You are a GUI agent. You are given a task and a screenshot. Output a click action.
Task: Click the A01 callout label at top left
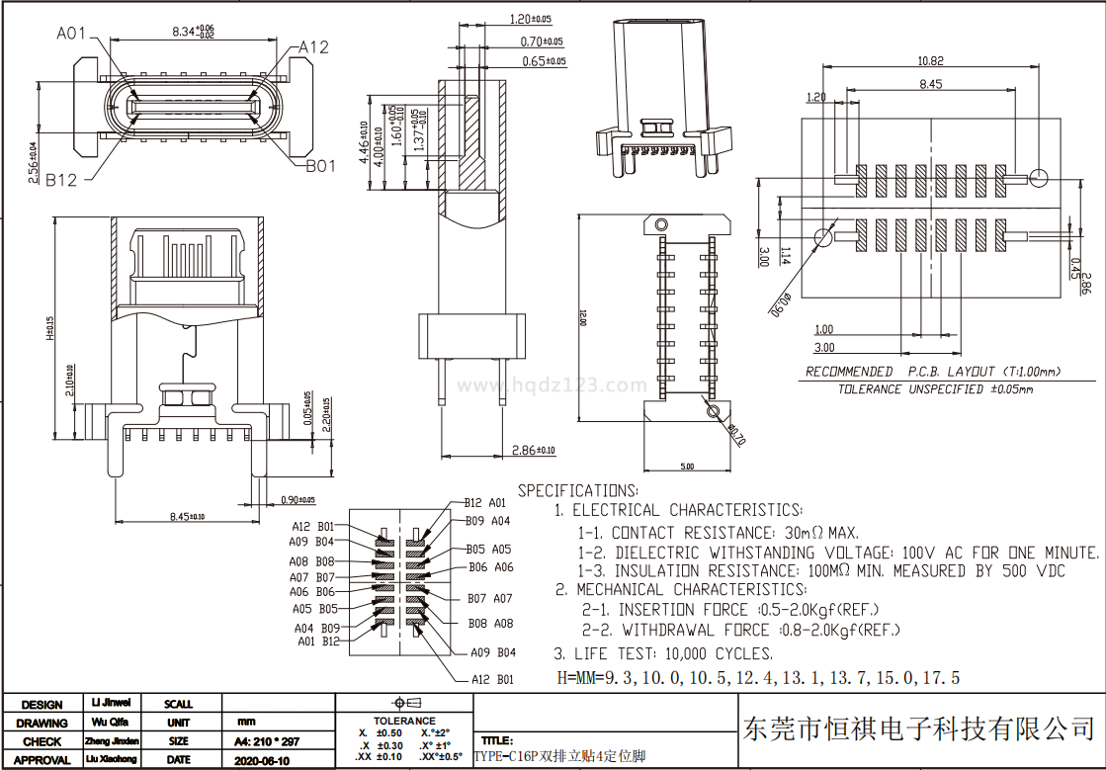coord(72,34)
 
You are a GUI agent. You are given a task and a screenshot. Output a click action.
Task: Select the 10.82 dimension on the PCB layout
coord(930,60)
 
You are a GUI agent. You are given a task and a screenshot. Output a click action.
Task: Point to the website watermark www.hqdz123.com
coord(553,385)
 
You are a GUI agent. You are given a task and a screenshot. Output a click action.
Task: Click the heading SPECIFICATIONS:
coord(578,490)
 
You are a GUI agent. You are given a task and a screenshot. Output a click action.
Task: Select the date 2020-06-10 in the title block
coord(262,760)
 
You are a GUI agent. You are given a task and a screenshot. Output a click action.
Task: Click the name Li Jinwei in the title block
coord(110,703)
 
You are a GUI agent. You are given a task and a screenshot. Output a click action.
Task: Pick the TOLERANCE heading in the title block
coord(404,721)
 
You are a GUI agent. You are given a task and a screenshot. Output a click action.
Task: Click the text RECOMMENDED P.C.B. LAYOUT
coord(933,372)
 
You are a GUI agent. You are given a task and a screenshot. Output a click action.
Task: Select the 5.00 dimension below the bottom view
coord(687,466)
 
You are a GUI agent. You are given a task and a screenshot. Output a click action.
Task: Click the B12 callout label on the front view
coord(61,179)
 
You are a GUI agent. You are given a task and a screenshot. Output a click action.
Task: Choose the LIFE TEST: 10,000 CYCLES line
coord(663,653)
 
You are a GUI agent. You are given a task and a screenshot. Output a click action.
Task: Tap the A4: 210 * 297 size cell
coord(266,741)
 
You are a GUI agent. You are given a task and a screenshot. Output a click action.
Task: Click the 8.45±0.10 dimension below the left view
coord(187,516)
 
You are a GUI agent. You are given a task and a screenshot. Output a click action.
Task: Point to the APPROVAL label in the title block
coord(42,760)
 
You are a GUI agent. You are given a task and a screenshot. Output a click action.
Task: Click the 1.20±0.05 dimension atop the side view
coord(531,19)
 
